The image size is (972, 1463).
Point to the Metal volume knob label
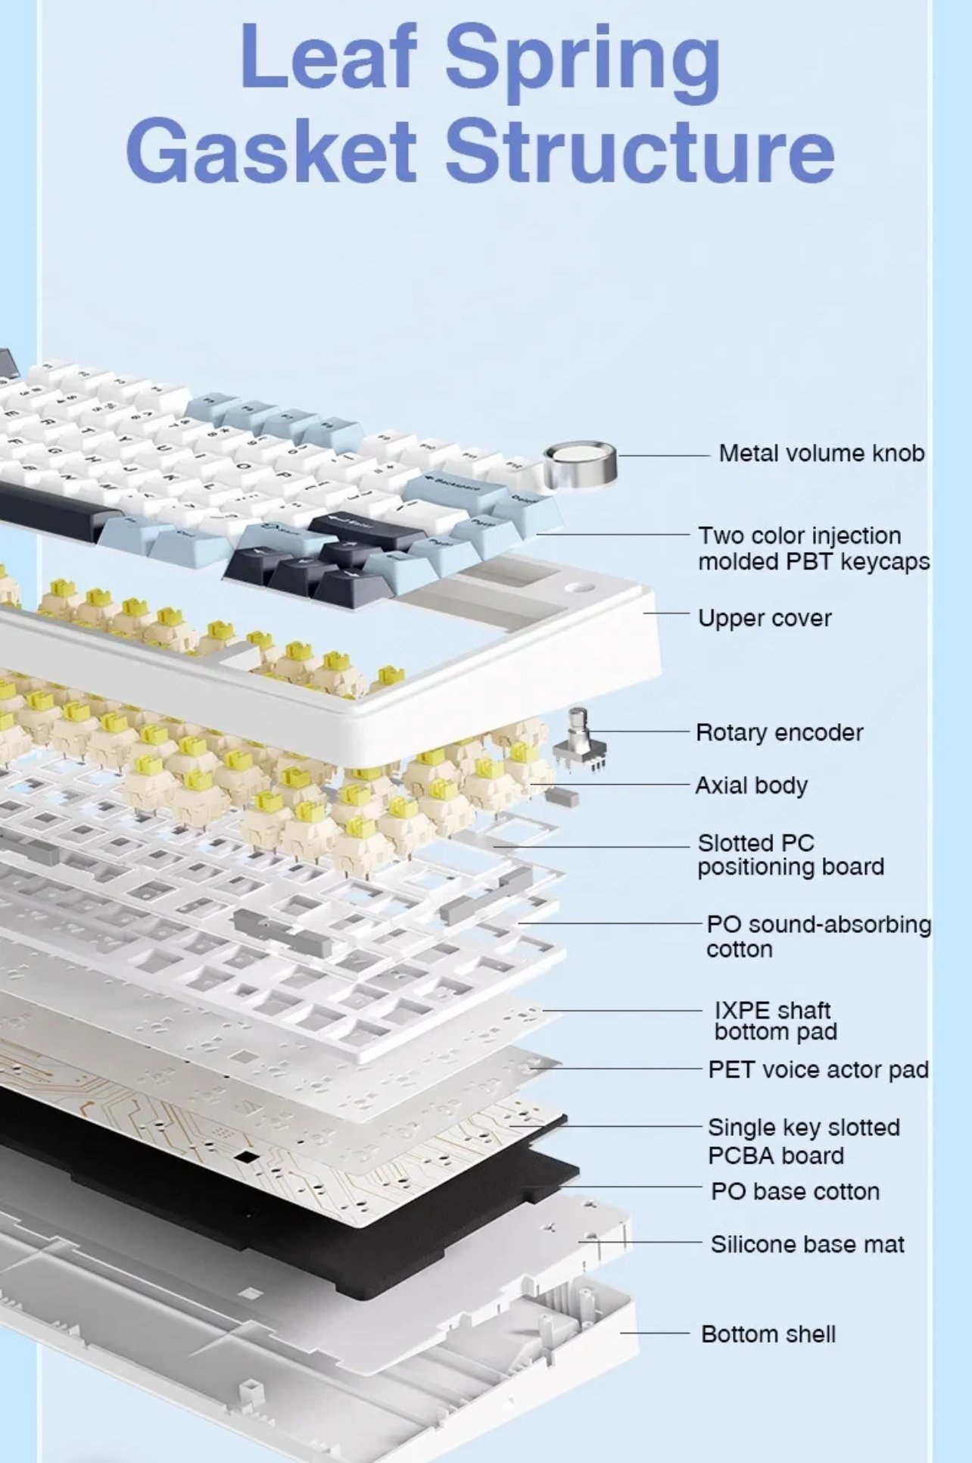pos(821,453)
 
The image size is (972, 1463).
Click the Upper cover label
pos(765,618)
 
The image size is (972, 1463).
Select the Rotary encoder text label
pos(779,732)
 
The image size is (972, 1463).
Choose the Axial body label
pos(751,785)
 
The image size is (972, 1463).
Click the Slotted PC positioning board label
pos(791,855)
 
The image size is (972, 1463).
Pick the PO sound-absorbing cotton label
pos(818,936)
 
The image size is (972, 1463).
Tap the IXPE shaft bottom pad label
pos(775,1021)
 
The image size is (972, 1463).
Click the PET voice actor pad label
pos(818,1069)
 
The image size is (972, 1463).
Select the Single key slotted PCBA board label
pos(804,1141)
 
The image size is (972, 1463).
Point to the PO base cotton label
pos(795,1191)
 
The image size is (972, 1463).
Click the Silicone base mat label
pos(807,1244)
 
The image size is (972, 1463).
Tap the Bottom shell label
pos(768,1334)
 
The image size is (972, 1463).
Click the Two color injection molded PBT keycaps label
pos(814,548)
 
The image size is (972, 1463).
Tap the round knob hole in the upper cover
pos(580,588)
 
